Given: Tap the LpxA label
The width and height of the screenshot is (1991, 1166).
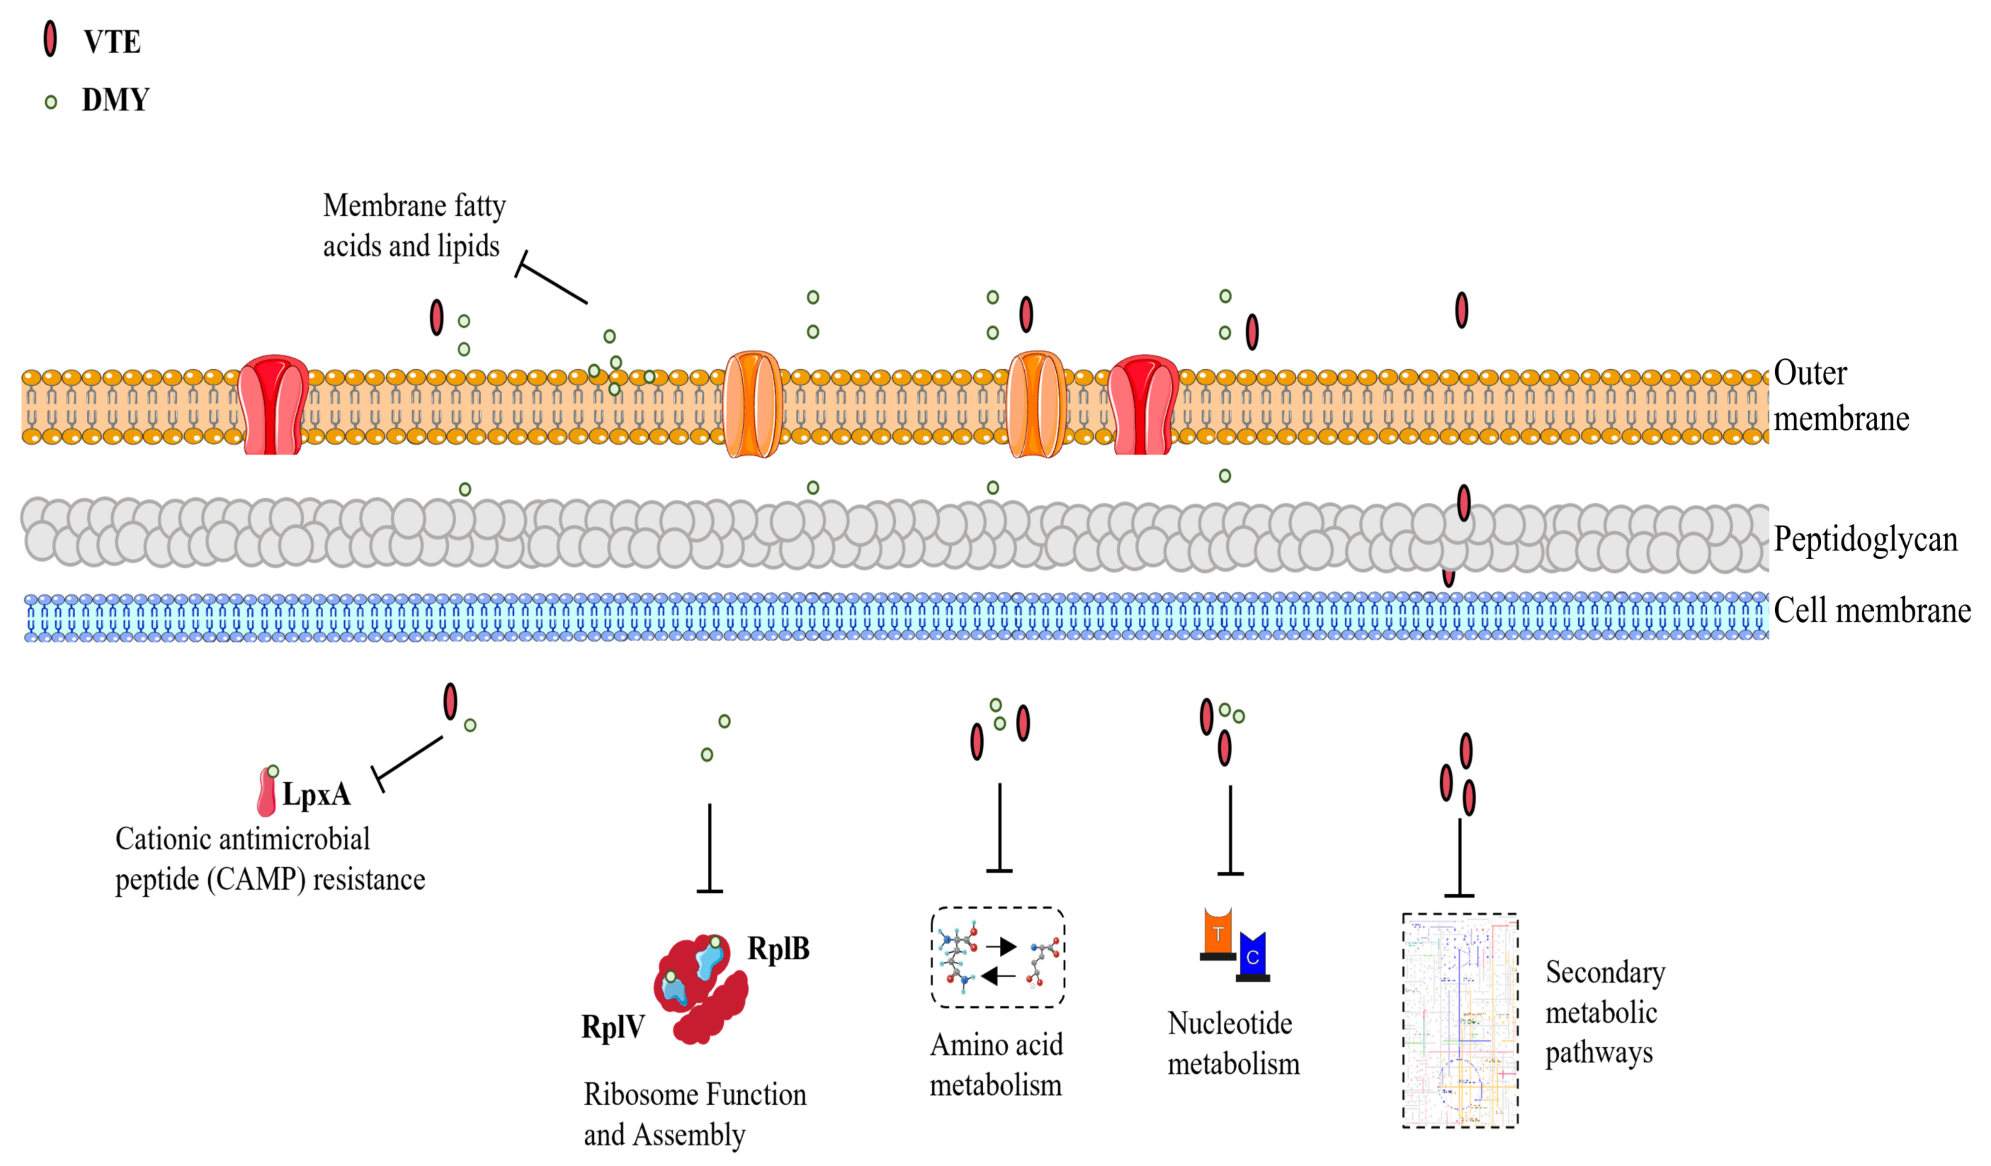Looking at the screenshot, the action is point(316,794).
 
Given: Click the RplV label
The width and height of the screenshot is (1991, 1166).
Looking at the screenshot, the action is point(613,1027).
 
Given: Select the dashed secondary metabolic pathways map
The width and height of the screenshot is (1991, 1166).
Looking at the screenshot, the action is point(1460,1020).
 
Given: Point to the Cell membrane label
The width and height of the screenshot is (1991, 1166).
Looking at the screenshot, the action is point(1872,610).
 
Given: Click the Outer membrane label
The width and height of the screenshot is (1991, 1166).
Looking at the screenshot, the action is point(1841,395).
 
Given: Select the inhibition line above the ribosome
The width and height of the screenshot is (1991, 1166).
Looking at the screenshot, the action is point(709,848).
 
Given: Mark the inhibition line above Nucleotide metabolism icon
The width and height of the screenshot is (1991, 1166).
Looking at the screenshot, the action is point(1230,830).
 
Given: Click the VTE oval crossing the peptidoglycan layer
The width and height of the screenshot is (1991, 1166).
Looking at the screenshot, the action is point(1463,503).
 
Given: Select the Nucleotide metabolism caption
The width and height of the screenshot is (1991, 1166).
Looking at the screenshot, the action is point(1233,1043).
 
